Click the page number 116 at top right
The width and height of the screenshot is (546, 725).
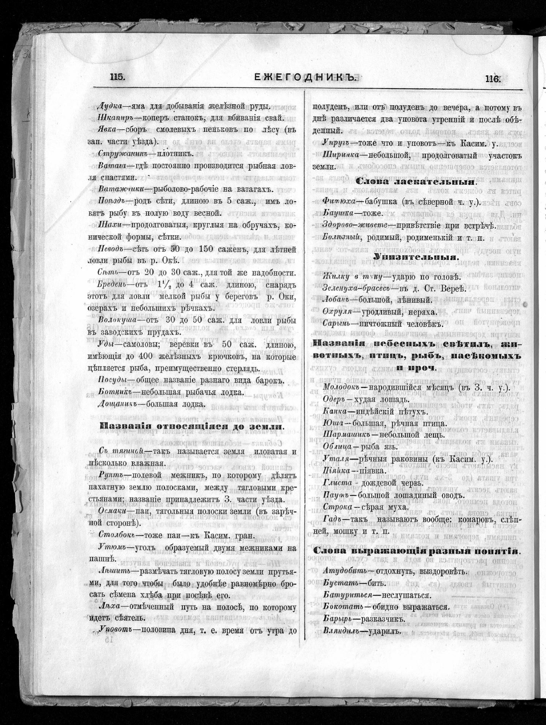tap(492, 79)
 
